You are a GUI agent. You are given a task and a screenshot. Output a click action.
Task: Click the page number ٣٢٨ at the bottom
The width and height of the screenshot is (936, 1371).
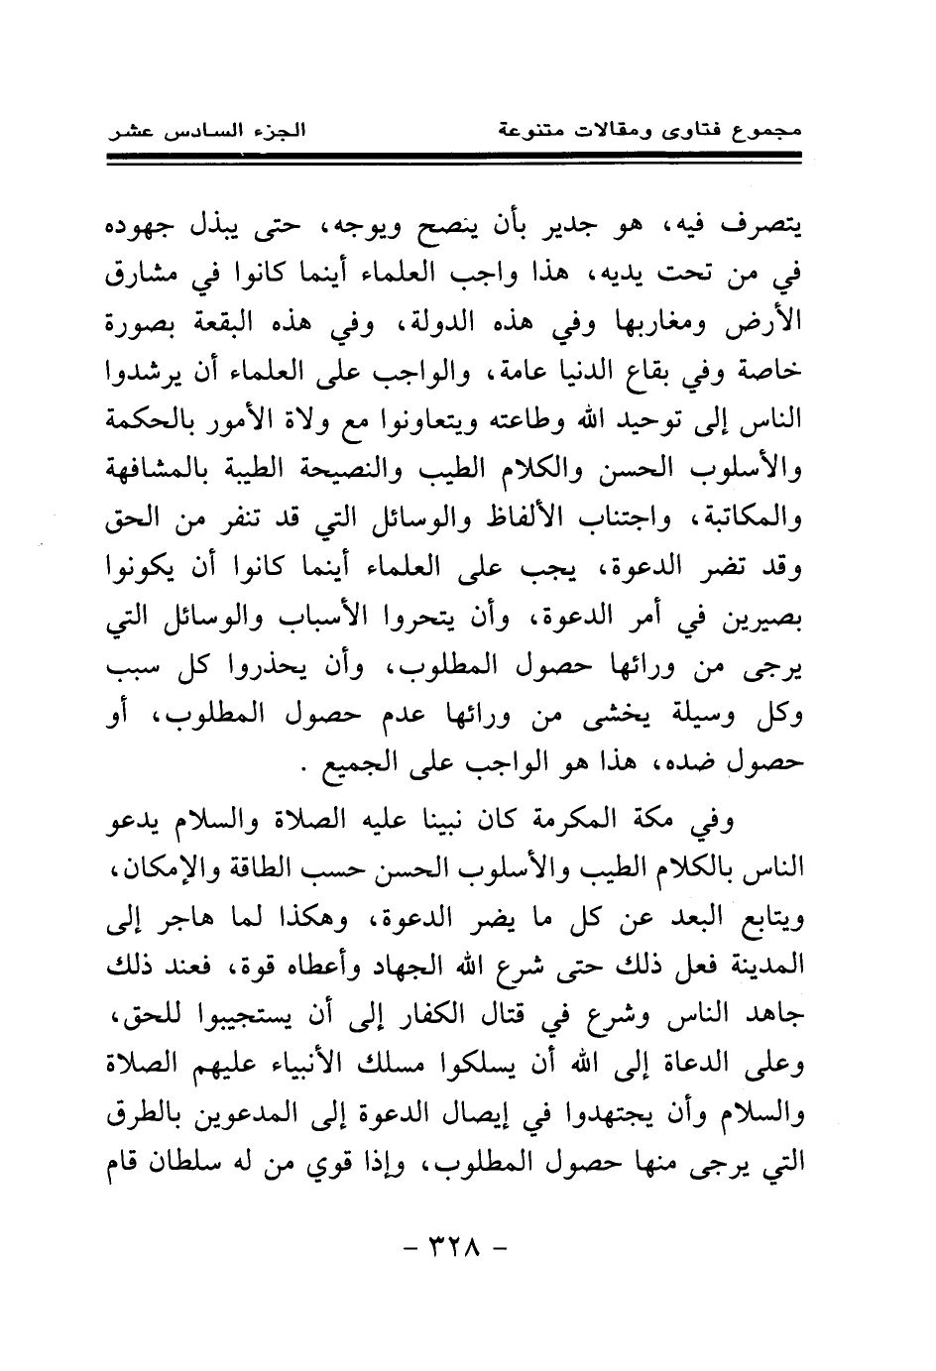tap(457, 1246)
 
